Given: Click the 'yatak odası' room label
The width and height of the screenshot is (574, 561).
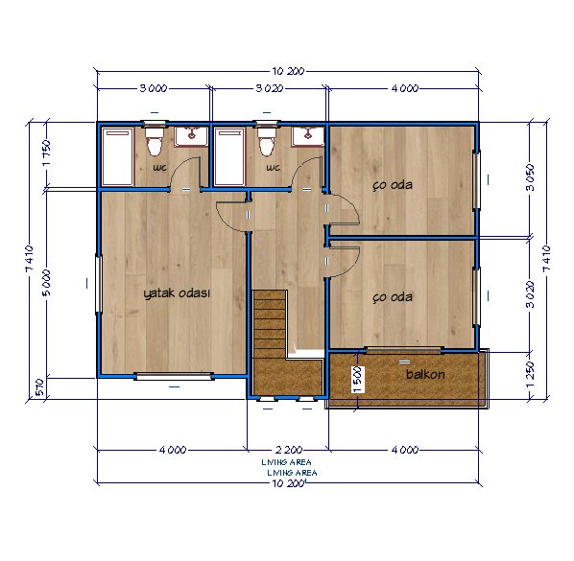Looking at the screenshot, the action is (177, 293).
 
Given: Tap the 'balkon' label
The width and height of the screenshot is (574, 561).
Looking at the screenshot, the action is (425, 374).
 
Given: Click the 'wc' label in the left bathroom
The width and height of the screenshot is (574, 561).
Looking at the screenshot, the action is (160, 168).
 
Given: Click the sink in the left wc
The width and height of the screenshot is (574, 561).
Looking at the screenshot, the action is (191, 137).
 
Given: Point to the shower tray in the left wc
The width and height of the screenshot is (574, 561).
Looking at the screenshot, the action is (117, 156).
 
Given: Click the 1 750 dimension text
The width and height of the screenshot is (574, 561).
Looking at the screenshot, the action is (47, 152).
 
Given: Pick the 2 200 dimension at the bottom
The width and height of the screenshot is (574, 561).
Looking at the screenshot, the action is (289, 450).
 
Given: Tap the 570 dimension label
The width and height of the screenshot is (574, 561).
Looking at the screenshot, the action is (39, 387).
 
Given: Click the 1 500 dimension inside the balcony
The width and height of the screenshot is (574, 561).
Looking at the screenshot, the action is (358, 380).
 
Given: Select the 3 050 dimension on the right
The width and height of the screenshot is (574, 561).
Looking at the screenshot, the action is (530, 177).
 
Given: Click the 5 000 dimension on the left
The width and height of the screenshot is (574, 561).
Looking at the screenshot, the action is (47, 283).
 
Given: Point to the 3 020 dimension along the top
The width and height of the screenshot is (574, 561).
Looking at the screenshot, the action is (270, 88).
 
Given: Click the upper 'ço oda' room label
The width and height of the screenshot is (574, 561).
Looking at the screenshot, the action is (393, 185).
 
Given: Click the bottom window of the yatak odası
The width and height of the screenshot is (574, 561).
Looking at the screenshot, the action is (174, 376).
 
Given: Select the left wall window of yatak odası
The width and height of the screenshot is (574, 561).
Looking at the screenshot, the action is (99, 284).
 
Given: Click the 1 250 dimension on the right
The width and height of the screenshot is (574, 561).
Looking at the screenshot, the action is (530, 375).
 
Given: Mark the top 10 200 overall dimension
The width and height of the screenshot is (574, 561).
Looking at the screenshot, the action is (288, 71).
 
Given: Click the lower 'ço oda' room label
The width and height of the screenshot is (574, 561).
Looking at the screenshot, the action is (393, 297).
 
